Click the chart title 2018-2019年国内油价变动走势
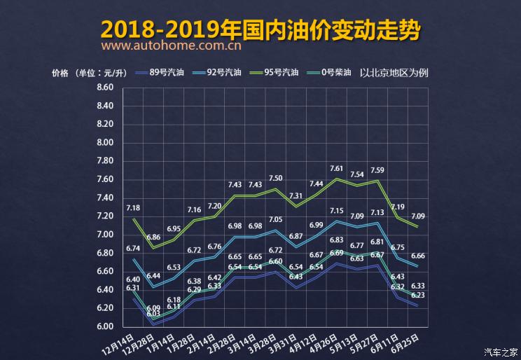pos(260,29)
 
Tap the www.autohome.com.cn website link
pos(172,47)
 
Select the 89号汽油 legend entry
pos(163,72)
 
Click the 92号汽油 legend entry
pos(224,72)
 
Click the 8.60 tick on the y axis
pos(105,88)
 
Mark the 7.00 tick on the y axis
pos(105,235)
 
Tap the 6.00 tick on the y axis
pos(105,326)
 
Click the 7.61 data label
pos(337,169)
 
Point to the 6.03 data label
pos(153,314)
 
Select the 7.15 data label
pos(337,210)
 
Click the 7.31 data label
pos(296,196)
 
